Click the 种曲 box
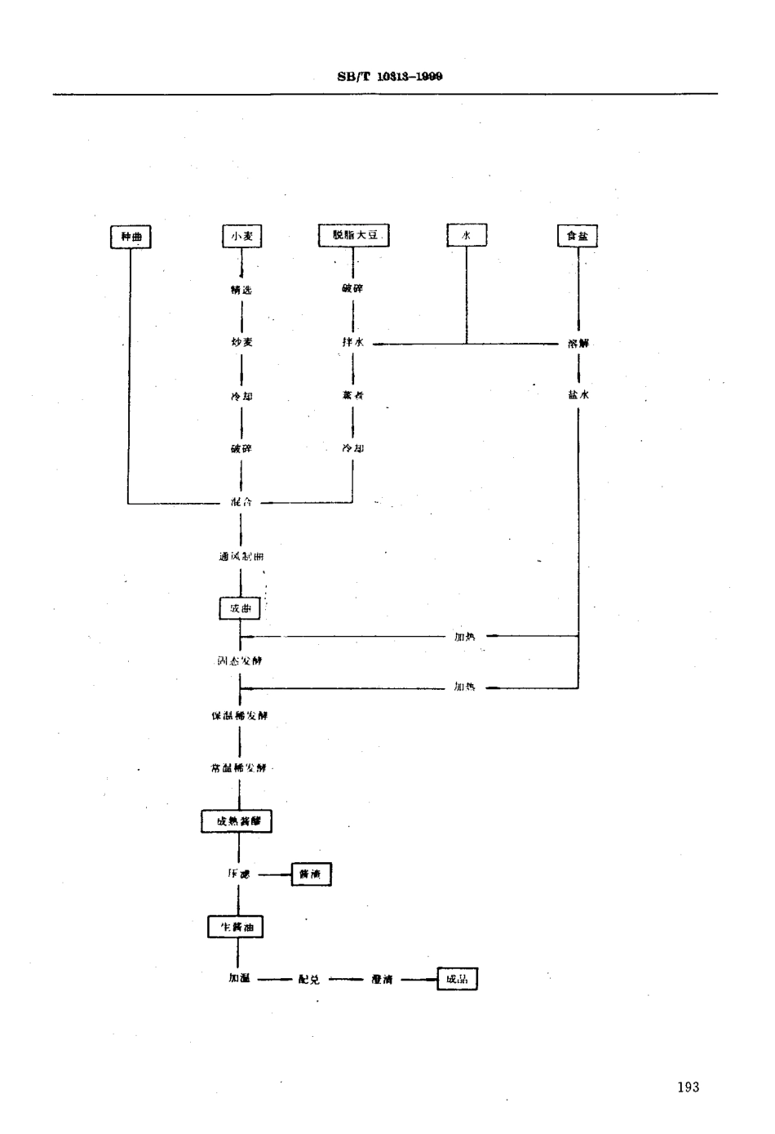[131, 237]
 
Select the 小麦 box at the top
[241, 237]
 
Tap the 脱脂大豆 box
[353, 236]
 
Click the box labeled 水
[467, 236]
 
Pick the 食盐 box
[577, 237]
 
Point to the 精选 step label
[241, 290]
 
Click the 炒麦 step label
[241, 342]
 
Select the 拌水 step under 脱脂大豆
[352, 343]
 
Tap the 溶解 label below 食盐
[578, 344]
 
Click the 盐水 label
[578, 394]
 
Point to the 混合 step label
[241, 502]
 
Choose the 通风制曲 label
[241, 556]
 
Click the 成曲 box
[240, 609]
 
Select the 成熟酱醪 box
[237, 821]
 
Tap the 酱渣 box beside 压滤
[311, 874]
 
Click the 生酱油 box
[236, 927]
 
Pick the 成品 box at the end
[457, 979]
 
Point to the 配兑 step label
[309, 980]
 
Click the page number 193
[688, 1087]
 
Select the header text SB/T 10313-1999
[389, 77]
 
